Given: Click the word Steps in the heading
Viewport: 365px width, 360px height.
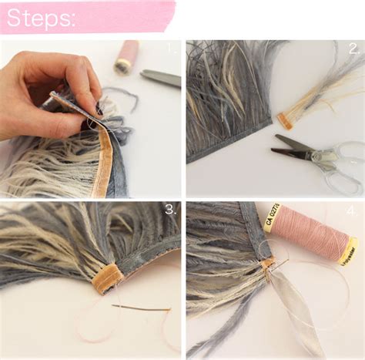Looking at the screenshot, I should pos(42,18).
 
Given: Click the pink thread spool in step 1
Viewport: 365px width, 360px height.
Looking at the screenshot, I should pos(126,56).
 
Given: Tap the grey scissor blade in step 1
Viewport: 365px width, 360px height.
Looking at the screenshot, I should pos(160,77).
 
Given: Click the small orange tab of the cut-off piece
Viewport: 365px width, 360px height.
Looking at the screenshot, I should pos(286,120).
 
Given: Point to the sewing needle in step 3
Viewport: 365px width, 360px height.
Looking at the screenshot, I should pos(142,308).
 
